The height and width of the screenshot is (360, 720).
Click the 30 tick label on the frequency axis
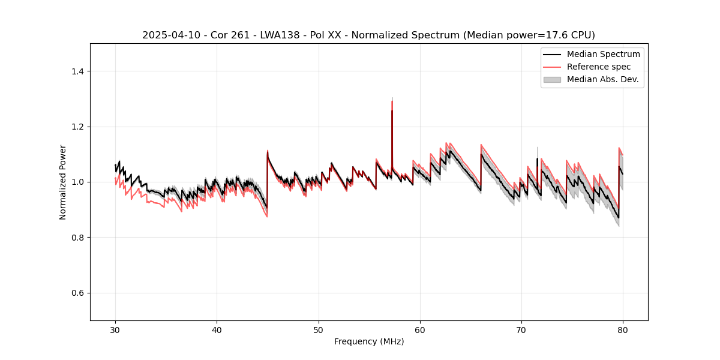point(115,330)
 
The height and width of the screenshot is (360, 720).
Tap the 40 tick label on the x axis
point(217,330)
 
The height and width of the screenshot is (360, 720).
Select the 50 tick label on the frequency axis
point(318,330)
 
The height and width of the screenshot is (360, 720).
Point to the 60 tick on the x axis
point(420,330)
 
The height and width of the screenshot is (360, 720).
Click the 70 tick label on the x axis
point(521,330)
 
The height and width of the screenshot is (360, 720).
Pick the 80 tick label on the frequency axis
point(623,330)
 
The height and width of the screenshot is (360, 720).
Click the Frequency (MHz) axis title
point(369,341)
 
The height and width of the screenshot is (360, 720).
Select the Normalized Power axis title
point(63,182)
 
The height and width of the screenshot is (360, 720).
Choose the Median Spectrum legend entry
point(603,54)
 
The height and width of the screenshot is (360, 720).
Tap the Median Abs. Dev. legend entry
point(602,79)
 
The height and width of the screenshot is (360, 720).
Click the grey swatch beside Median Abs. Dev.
point(552,79)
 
